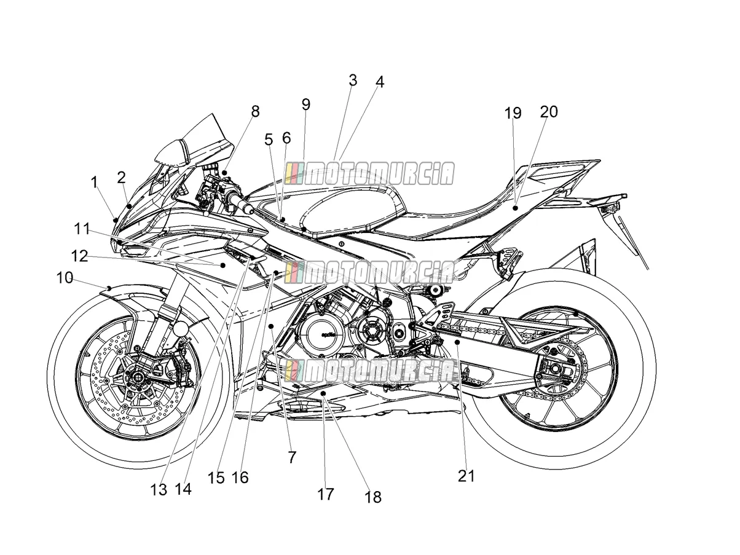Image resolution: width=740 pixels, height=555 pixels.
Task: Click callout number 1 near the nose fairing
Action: click(x=95, y=183)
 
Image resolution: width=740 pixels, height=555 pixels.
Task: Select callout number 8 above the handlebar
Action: click(x=255, y=111)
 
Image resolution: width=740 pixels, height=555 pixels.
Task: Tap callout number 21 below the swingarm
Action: click(x=466, y=476)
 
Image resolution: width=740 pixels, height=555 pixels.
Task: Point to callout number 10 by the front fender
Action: click(x=65, y=278)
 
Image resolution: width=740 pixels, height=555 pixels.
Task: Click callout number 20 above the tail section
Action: click(x=549, y=111)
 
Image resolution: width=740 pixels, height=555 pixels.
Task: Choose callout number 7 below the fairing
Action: click(x=292, y=457)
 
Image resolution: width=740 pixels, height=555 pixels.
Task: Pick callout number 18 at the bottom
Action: click(x=373, y=497)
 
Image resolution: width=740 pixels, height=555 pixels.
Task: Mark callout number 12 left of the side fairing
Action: click(x=79, y=256)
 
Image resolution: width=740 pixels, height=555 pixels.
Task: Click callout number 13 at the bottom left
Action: click(x=159, y=490)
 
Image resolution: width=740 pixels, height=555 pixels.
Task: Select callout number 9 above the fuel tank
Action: click(x=306, y=104)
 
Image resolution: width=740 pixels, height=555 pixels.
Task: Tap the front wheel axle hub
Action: click(x=137, y=376)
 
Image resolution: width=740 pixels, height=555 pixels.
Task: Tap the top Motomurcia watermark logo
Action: click(x=369, y=173)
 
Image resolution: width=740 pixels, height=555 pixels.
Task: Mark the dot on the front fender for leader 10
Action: click(x=109, y=288)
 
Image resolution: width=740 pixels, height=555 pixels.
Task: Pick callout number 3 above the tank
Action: click(x=353, y=81)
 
